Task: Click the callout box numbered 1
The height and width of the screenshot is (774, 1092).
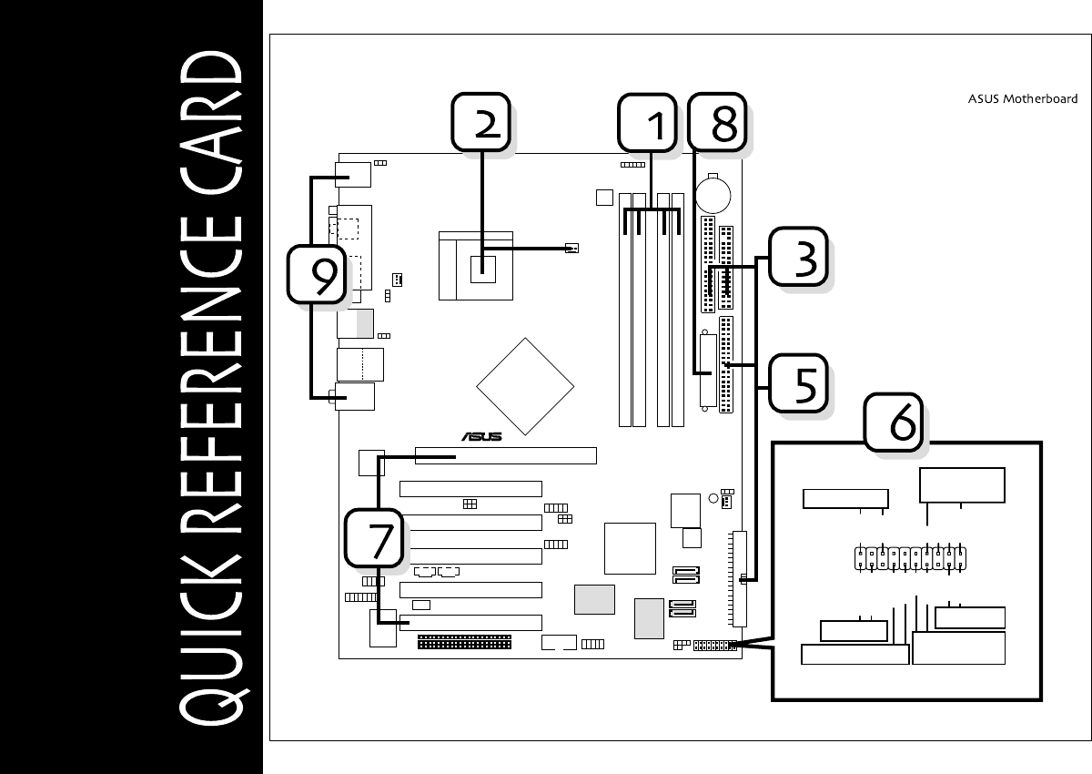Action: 648,124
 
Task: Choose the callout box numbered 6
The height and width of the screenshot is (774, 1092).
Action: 894,421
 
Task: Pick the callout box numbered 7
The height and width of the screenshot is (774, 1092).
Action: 374,537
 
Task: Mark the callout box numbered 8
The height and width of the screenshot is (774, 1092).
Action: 716,124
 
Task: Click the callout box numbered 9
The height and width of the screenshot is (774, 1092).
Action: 317,274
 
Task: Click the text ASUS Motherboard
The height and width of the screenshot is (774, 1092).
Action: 1023,99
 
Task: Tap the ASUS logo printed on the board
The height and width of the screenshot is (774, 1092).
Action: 480,436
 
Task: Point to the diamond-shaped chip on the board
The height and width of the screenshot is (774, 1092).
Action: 526,386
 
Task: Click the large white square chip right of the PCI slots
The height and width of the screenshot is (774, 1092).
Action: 630,548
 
